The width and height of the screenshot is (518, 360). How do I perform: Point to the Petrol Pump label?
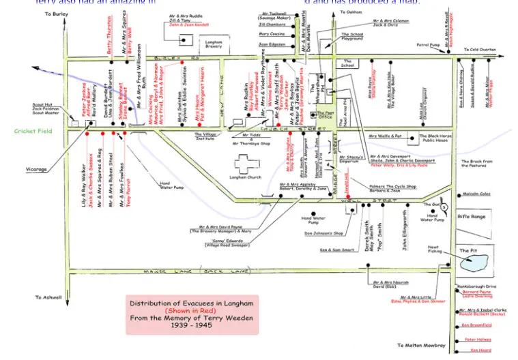pyautogui.click(x=429, y=45)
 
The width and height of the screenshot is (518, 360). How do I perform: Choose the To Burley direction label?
pyautogui.click(x=56, y=14)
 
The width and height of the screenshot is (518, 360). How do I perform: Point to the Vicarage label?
pyautogui.click(x=37, y=169)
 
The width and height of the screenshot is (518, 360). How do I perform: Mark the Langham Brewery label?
pyautogui.click(x=214, y=44)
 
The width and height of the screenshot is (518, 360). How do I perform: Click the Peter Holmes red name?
pyautogui.click(x=478, y=339)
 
